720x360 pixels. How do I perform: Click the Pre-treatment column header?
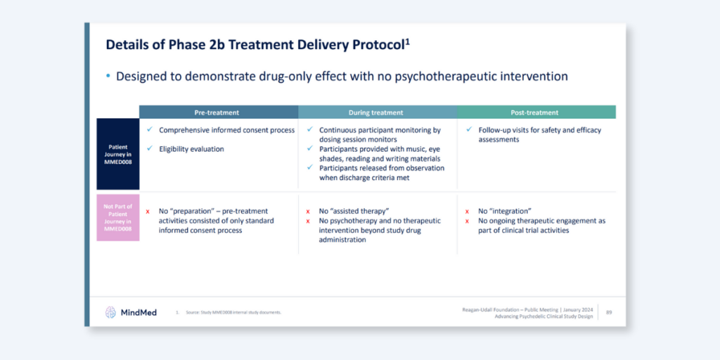[x=217, y=112]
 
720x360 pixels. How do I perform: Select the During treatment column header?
[x=376, y=112]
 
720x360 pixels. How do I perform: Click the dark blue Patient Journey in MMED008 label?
[x=118, y=154]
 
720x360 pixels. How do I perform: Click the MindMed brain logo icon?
[x=110, y=312]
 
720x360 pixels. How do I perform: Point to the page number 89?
[x=609, y=312]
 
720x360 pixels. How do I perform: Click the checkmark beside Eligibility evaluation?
[x=150, y=148]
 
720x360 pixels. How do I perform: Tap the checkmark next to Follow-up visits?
[x=469, y=130]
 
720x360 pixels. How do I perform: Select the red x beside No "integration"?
[x=468, y=212]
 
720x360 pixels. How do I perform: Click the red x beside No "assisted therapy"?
[x=308, y=212]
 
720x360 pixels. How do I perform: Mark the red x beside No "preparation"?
[x=148, y=212]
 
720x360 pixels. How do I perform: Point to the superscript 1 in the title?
[x=408, y=41]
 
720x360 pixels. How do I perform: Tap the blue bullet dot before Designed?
[x=108, y=76]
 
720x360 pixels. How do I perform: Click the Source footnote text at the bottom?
[x=231, y=312]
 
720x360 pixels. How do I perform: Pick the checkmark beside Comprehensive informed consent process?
[x=150, y=130]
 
